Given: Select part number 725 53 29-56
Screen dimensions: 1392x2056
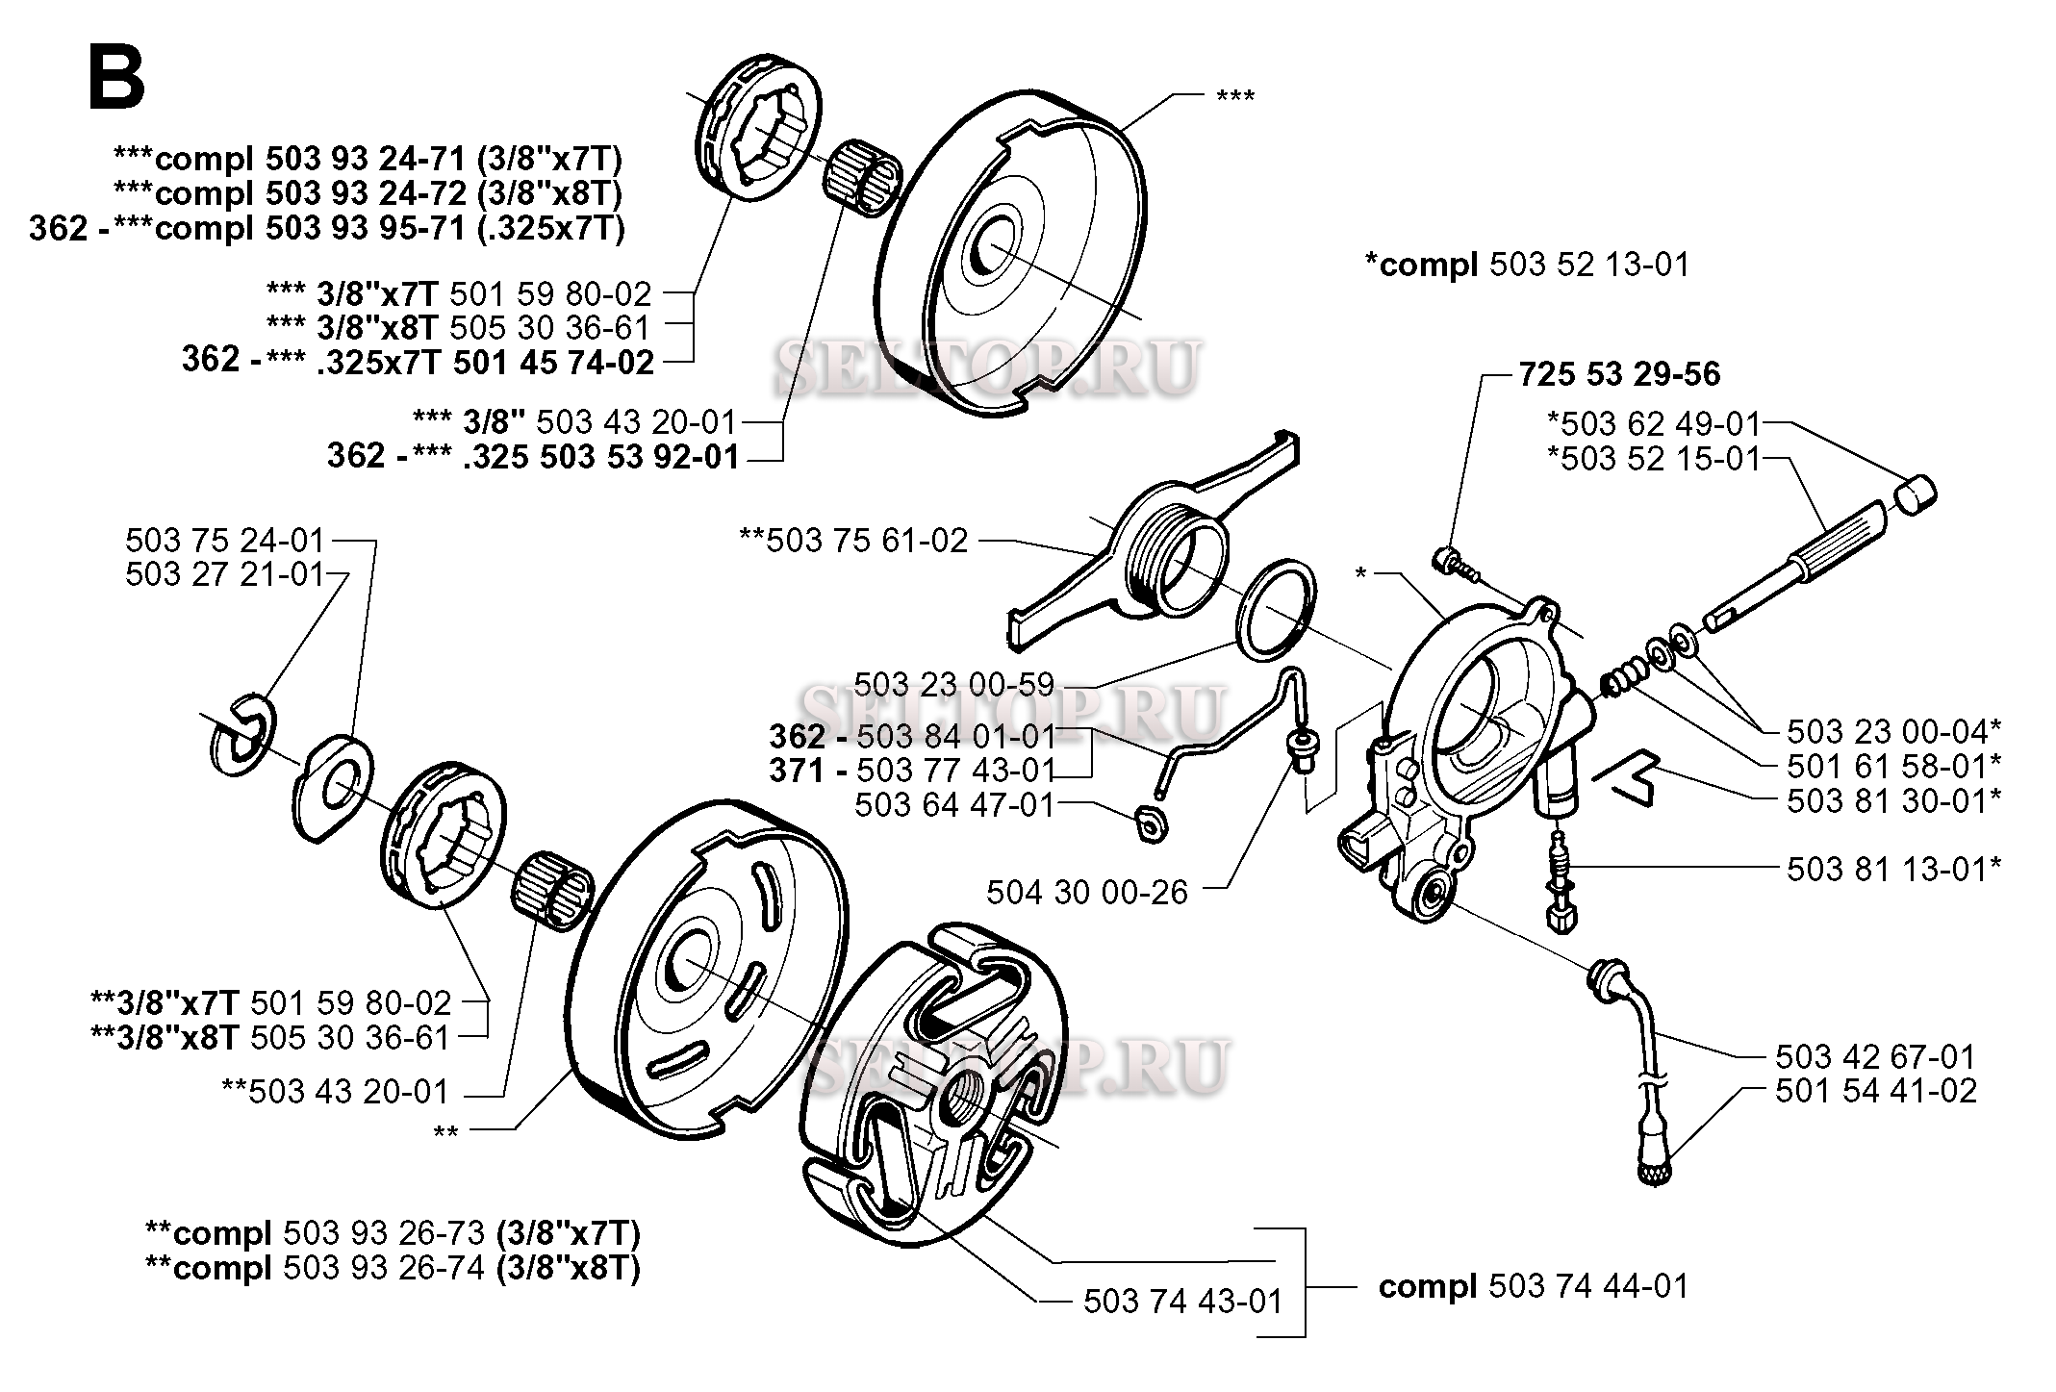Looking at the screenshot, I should click(1619, 374).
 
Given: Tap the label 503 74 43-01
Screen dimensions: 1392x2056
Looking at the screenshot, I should click(1182, 1302).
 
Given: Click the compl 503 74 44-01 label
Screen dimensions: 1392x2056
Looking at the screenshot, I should click(1534, 1287).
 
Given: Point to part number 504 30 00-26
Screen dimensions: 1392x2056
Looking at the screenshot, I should click(1086, 893).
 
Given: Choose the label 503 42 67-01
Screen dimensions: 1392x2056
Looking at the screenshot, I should click(1875, 1057).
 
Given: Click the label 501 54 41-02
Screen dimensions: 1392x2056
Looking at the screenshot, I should click(1875, 1091).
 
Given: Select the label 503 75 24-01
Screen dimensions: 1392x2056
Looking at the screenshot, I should click(225, 541).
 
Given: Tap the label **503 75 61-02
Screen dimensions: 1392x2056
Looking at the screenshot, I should click(852, 541).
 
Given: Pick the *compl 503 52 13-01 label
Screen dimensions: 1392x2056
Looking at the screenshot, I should click(1527, 265).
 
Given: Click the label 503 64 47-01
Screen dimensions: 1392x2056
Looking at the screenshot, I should click(954, 804).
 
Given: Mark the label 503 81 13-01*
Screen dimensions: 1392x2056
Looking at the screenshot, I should click(1893, 870).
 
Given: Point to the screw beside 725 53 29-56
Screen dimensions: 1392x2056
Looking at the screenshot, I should click(1454, 562).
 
